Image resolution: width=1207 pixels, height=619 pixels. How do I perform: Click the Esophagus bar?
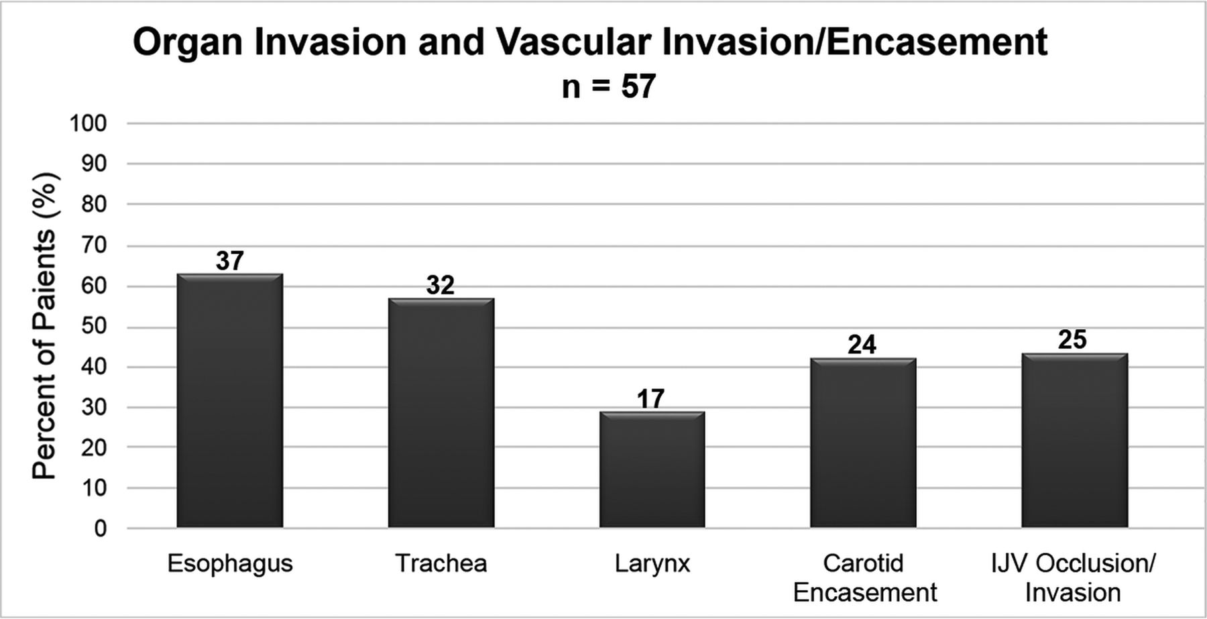coord(229,400)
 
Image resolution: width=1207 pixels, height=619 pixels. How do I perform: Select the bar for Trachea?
coord(441,412)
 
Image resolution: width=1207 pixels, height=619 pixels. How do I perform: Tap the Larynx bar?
coord(652,469)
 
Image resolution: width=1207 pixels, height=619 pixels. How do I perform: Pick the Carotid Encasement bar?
coord(863,443)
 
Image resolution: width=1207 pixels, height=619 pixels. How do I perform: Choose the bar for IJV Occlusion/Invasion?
coord(1074,440)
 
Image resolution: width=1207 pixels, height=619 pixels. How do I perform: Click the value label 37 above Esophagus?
coord(230,260)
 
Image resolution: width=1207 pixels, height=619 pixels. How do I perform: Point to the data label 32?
coord(441,285)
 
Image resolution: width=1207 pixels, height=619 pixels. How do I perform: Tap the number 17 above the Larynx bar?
coord(651,399)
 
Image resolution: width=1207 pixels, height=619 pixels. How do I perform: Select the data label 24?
coord(862,345)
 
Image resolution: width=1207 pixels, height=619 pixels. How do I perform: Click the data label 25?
coord(1073,339)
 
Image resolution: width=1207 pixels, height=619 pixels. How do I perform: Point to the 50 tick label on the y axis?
coord(95,327)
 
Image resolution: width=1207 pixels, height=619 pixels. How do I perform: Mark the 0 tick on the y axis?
coord(101,528)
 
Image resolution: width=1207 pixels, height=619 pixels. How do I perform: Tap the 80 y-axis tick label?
coord(95,204)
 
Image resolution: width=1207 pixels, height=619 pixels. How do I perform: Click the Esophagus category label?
coord(230,564)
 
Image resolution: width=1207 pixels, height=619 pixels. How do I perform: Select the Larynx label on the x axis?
coord(652,563)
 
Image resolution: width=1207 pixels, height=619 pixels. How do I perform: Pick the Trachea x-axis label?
coord(441,563)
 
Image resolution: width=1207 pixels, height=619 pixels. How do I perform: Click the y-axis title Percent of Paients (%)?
coord(45,326)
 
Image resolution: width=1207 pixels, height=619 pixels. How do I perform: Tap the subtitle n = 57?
coord(609,87)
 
